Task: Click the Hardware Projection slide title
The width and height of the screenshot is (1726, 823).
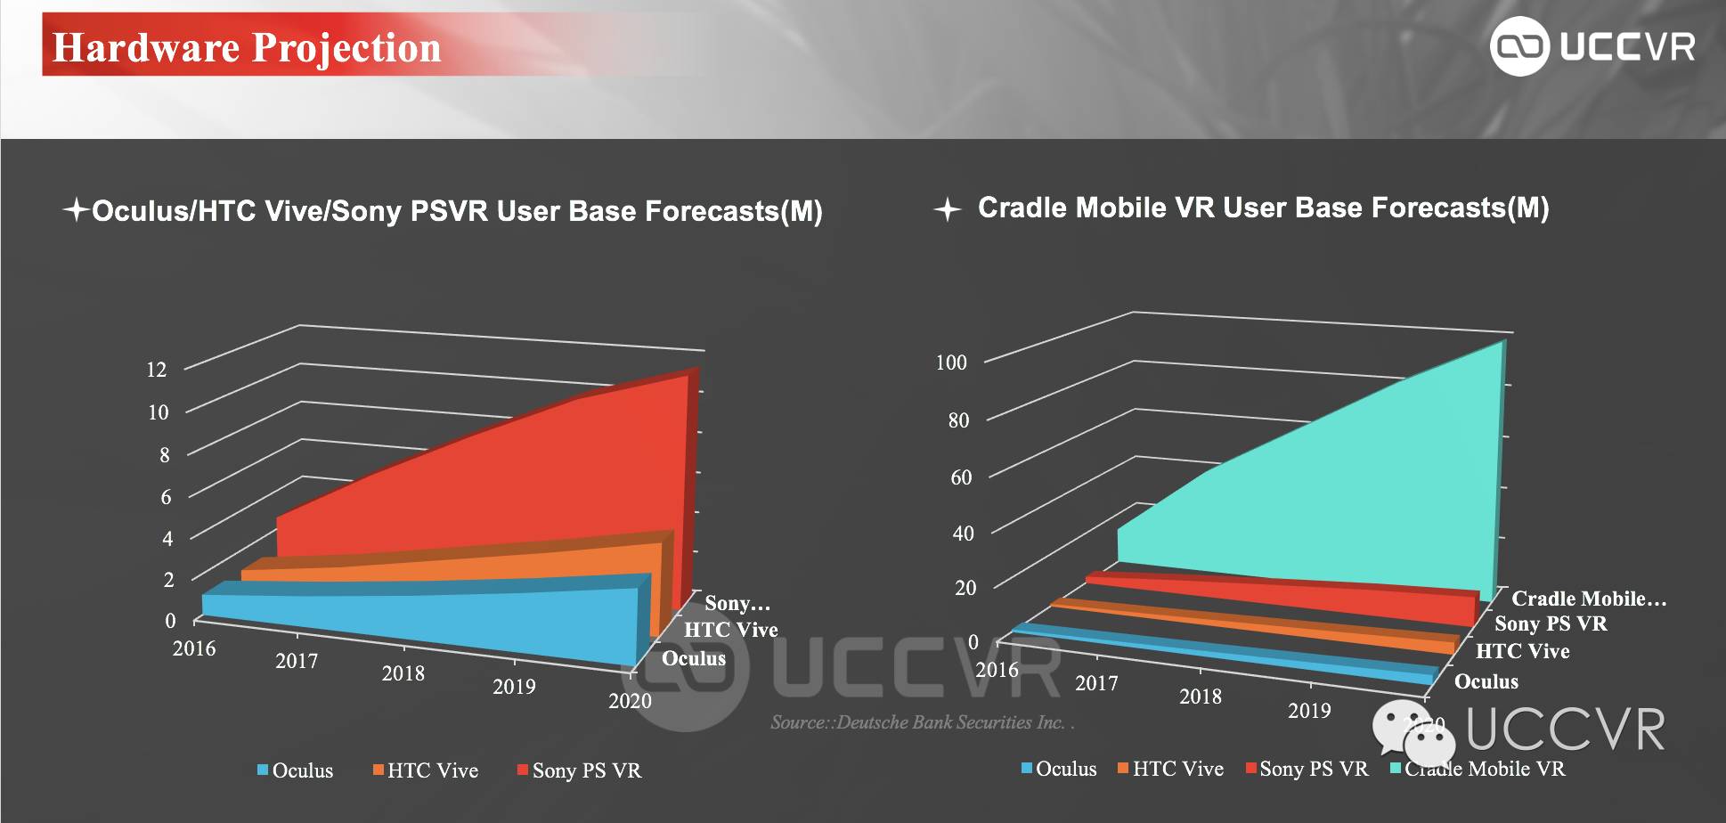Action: [247, 47]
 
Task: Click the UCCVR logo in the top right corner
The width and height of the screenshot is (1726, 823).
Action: [1592, 46]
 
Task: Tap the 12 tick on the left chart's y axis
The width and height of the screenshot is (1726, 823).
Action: [157, 370]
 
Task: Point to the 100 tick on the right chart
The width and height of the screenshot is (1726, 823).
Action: [951, 363]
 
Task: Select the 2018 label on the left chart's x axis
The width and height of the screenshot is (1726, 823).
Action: [403, 673]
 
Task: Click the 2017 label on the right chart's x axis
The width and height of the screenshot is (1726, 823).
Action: [1096, 683]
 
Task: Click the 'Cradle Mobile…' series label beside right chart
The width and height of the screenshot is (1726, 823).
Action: [1588, 599]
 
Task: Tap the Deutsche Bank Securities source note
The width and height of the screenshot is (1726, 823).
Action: [922, 722]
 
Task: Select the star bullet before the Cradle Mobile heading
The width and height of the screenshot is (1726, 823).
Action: [947, 210]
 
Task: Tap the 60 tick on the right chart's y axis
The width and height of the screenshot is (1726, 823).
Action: [961, 477]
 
